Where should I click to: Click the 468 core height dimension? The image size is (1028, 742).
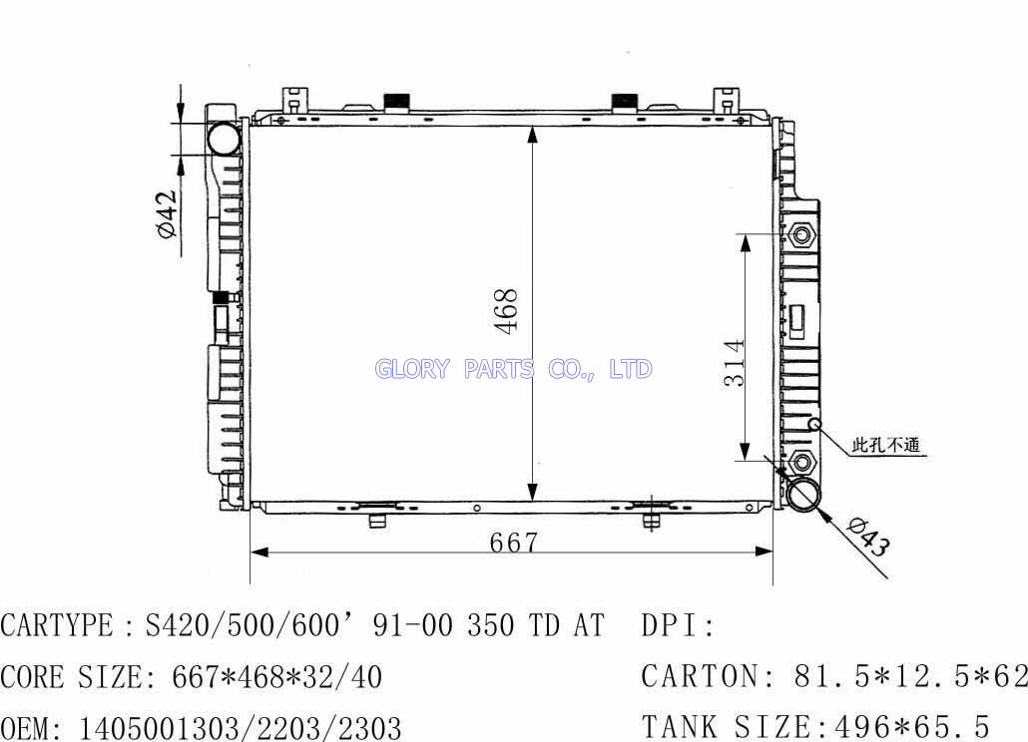point(507,311)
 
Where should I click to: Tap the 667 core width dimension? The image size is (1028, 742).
point(513,543)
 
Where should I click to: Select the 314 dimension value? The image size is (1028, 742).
point(735,362)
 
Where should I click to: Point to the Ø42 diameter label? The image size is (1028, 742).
point(167,214)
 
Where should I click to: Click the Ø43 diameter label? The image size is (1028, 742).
point(868,537)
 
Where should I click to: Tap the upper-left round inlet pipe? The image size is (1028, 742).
point(224,139)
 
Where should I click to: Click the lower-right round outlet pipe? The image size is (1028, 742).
point(803,495)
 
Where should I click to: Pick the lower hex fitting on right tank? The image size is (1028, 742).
point(801,463)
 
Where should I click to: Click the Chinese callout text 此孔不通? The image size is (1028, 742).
point(885,446)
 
